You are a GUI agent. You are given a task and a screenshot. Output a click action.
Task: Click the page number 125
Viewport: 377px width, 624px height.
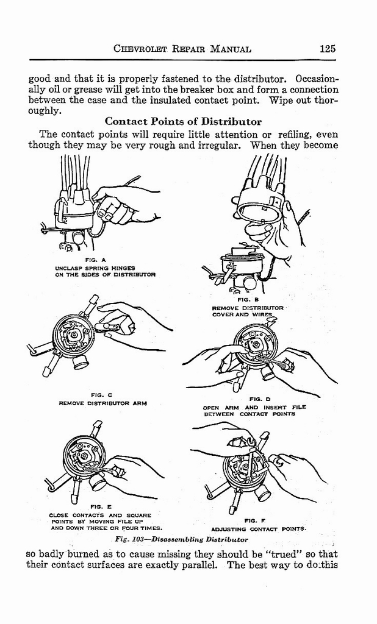point(327,49)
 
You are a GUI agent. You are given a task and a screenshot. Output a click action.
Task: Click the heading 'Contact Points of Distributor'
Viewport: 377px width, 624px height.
point(183,121)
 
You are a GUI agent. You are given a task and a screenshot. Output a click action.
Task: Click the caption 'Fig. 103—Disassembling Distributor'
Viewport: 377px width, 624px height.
point(181,540)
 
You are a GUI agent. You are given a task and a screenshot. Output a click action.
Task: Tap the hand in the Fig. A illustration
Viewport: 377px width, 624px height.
point(125,204)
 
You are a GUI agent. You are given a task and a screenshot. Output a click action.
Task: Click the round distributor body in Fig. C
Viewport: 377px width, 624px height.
point(73,335)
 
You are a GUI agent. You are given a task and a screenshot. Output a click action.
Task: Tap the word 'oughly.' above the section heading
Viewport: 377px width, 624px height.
point(45,111)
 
